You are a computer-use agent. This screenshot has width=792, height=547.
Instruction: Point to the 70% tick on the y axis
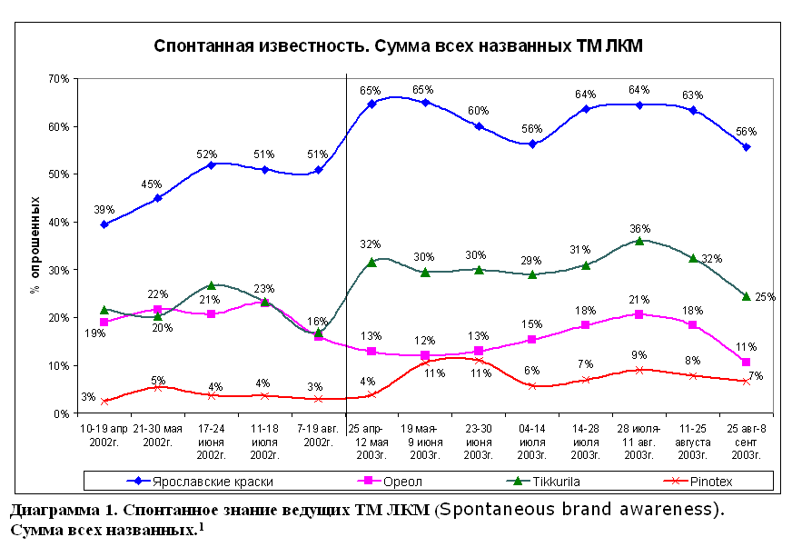point(58,79)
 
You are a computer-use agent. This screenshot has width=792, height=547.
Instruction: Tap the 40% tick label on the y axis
point(58,222)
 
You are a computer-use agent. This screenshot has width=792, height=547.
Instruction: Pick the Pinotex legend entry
point(718,481)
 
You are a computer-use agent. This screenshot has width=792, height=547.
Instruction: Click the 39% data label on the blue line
point(104,209)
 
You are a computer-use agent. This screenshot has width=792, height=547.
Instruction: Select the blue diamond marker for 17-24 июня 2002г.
point(212,164)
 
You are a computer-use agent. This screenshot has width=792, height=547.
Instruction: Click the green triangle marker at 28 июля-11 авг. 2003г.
point(639,241)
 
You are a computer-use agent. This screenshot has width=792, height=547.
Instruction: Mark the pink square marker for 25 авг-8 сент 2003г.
point(746,362)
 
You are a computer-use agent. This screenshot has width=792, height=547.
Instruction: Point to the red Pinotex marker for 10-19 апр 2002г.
point(104,401)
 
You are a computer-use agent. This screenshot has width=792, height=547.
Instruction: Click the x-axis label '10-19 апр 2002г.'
point(104,433)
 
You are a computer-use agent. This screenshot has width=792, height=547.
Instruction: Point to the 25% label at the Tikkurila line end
point(765,297)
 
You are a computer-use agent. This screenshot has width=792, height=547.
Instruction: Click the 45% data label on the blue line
point(157,184)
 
